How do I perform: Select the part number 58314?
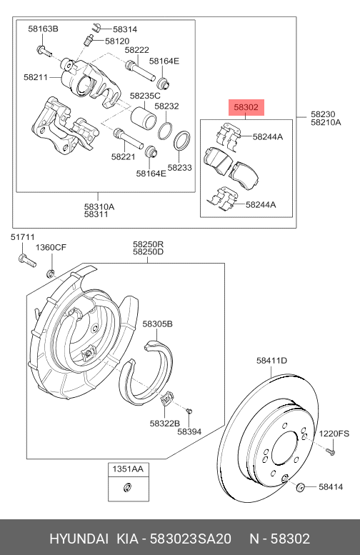[124, 29]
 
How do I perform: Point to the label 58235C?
[145, 94]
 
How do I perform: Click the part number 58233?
[180, 168]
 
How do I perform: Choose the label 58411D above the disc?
[271, 361]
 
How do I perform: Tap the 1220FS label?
[334, 434]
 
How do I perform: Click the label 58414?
[331, 487]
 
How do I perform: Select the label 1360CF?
[51, 247]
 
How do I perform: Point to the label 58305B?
[157, 324]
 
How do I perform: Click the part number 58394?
[189, 431]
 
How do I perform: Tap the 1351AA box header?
[126, 469]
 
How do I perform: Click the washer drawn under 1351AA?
[126, 488]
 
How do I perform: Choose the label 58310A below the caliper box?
[99, 206]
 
